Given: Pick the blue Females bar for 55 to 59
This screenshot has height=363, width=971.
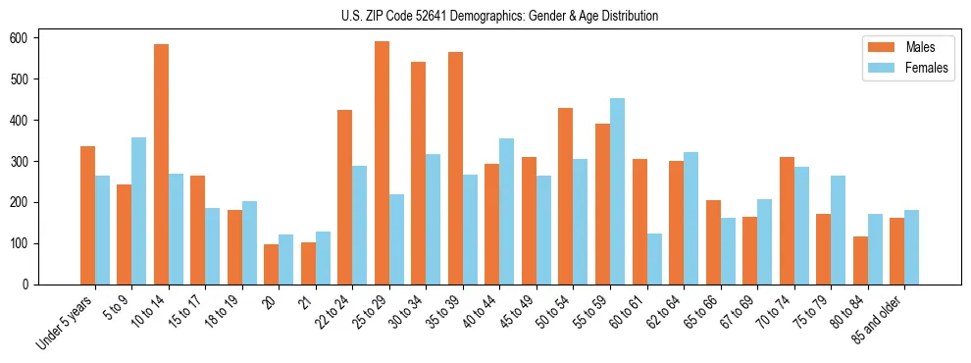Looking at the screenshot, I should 617,191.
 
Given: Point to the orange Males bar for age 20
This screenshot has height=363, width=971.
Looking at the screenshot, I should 272,264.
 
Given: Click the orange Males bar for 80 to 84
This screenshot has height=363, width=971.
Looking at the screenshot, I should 860,260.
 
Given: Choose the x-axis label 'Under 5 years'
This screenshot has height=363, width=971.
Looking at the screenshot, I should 65,323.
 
